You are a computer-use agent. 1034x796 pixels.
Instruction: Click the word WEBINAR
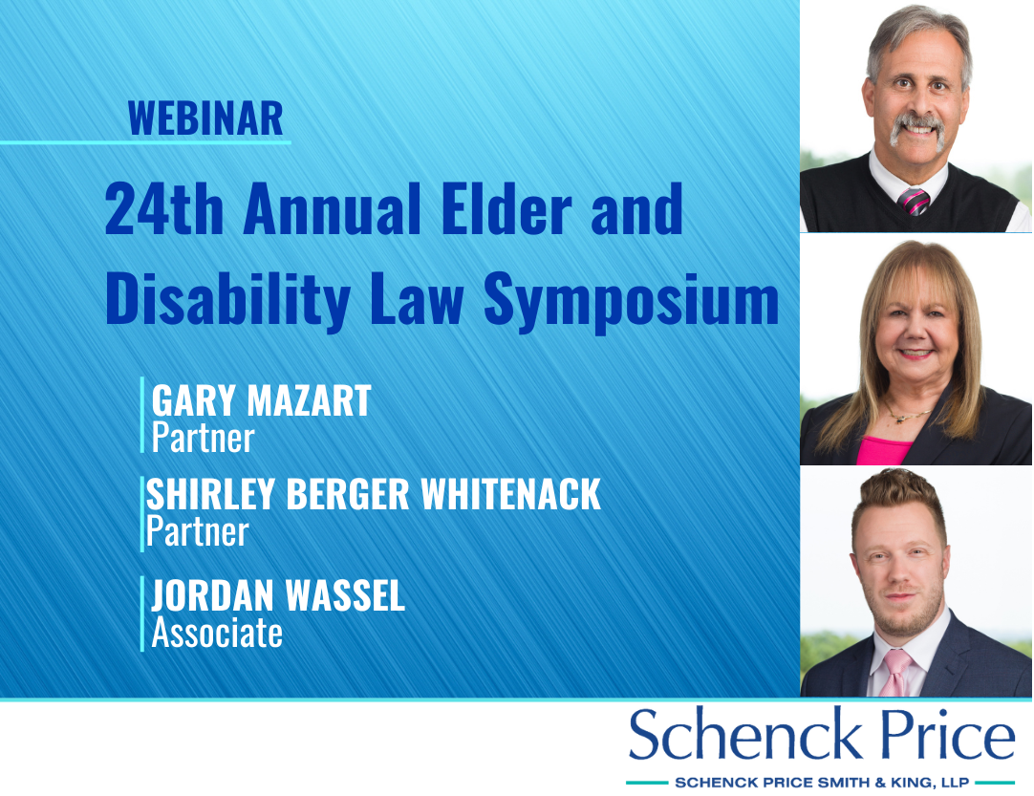point(205,118)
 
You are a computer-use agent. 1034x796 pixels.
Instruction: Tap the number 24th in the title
point(164,209)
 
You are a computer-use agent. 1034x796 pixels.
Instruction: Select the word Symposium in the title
point(632,301)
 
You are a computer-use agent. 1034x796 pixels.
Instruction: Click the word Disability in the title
point(227,300)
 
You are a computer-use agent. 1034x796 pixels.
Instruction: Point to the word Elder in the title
point(507,208)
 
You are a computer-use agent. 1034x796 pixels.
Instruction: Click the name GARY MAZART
point(262,400)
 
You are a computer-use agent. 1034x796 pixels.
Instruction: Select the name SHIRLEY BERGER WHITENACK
point(374,494)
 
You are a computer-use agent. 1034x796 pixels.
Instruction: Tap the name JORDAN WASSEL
point(278,595)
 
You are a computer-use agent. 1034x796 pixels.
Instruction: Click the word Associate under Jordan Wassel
point(217,633)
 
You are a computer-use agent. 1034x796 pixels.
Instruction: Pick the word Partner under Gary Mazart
point(204,438)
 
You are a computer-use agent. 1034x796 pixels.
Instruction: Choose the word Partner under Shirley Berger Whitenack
point(197,531)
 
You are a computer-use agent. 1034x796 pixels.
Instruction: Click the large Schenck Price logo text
point(822,734)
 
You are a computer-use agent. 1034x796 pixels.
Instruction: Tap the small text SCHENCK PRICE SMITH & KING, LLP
point(822,783)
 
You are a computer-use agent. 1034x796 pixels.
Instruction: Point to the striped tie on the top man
point(915,201)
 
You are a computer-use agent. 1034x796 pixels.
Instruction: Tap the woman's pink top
point(883,450)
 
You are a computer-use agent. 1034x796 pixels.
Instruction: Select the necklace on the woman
point(910,415)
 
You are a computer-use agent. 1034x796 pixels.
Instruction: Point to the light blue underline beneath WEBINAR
point(145,141)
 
